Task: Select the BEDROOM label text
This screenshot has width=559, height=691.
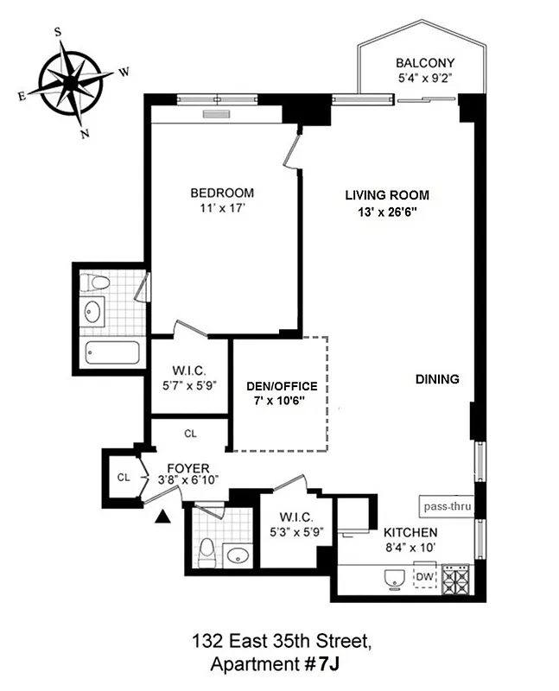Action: (222, 193)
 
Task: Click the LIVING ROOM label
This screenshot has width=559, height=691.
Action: (387, 195)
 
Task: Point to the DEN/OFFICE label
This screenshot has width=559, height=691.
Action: (282, 386)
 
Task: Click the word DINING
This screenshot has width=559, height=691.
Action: (436, 378)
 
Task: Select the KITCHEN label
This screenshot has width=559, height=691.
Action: (410, 532)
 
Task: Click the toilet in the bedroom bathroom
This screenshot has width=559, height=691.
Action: (98, 282)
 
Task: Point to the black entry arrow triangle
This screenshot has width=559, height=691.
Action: (162, 517)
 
